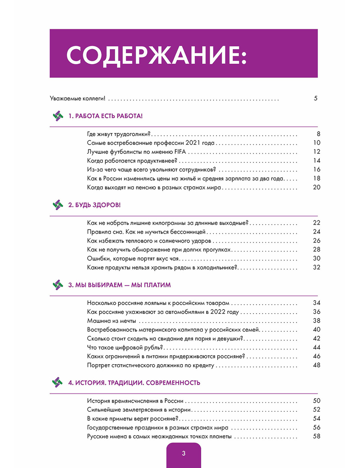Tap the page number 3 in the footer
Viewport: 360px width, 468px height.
tap(184, 453)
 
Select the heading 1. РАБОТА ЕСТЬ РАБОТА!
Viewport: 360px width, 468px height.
tap(105, 116)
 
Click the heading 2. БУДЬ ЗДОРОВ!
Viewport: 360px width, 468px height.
tap(94, 205)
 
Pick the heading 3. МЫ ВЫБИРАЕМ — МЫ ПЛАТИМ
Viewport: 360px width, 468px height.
tap(120, 285)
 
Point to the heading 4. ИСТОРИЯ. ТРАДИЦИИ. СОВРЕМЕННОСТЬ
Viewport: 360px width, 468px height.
tap(134, 382)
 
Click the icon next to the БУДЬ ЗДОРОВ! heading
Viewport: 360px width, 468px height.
tap(58, 205)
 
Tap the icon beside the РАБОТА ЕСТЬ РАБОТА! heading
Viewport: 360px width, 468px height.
tap(58, 116)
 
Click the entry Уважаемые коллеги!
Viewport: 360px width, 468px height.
tap(77, 98)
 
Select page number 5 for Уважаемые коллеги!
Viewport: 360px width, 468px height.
tap(316, 98)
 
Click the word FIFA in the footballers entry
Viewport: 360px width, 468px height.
tap(180, 152)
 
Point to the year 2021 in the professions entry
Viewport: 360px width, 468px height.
tap(193, 143)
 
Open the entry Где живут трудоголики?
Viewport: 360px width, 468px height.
tap(119, 134)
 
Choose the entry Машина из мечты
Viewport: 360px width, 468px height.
tap(112, 321)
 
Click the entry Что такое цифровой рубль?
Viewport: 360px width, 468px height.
tap(125, 347)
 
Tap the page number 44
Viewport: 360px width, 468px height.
tap(316, 347)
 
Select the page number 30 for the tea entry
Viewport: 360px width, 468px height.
tap(316, 258)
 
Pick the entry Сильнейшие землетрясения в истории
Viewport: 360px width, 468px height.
tap(139, 410)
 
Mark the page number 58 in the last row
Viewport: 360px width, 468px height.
tap(316, 436)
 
